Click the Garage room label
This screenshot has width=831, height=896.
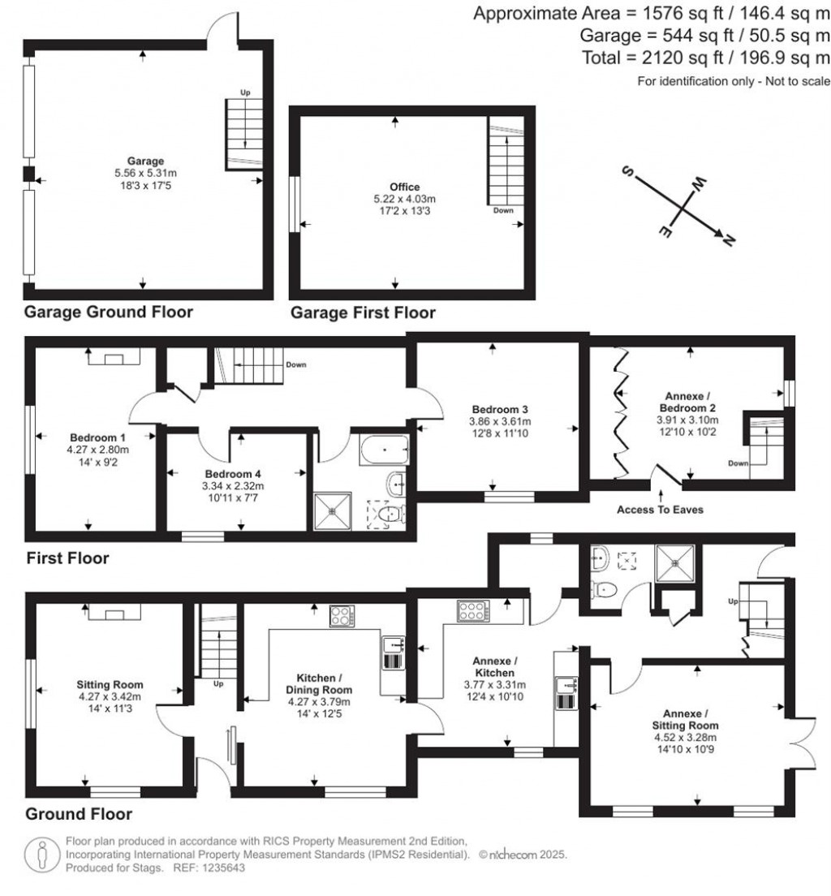pos(146,162)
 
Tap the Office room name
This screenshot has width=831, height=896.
pos(405,187)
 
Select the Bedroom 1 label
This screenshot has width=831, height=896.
pos(97,437)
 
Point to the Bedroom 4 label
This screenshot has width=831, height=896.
pos(233,474)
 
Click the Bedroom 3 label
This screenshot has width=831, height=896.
pos(500,409)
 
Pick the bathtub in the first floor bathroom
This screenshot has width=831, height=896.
pos(385,450)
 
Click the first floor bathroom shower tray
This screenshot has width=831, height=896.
pos(333,512)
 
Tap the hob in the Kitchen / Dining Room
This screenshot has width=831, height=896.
pos(342,616)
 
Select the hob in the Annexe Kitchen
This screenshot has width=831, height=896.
pos(473,611)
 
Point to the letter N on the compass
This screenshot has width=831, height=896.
pos(728,241)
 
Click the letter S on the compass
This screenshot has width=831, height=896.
pos(627,171)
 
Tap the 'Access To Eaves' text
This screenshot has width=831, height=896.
pos(660,510)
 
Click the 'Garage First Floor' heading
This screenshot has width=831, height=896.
pos(363,312)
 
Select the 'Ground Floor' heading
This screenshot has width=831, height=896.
pos(79,814)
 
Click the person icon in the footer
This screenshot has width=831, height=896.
pos(41,855)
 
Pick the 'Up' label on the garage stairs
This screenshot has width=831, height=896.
pos(245,93)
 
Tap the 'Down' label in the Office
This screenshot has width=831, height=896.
pos(503,210)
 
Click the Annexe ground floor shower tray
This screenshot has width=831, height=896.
pos(675,563)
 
